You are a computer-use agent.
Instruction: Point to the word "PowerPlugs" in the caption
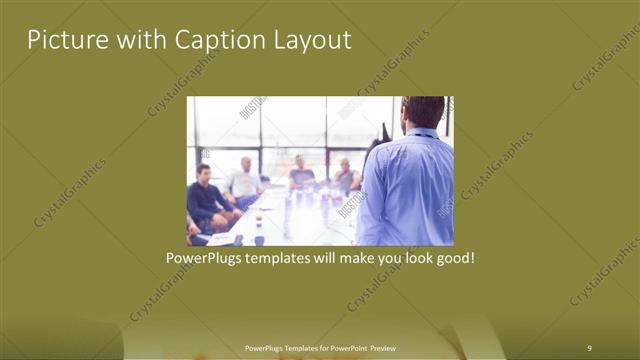204,257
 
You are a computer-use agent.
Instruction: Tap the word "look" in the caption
411,257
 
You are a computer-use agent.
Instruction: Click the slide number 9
589,347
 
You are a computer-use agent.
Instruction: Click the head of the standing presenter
423,112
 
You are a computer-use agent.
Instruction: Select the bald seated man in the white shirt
244,180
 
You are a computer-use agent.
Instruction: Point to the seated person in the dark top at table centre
301,174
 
